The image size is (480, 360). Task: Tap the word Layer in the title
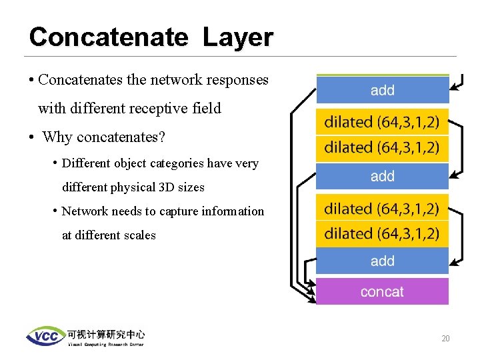238,37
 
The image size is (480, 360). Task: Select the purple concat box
382,291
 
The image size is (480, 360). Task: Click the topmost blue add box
382,90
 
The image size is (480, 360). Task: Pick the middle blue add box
382,176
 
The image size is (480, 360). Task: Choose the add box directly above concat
382,261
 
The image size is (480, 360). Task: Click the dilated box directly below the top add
382,122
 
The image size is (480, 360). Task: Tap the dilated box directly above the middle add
382,147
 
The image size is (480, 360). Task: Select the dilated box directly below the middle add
382,209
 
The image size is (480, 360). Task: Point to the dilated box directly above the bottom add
382,233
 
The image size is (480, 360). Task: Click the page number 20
445,339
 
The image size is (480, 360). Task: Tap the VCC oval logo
45,336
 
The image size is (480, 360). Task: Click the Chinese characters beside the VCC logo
105,334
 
